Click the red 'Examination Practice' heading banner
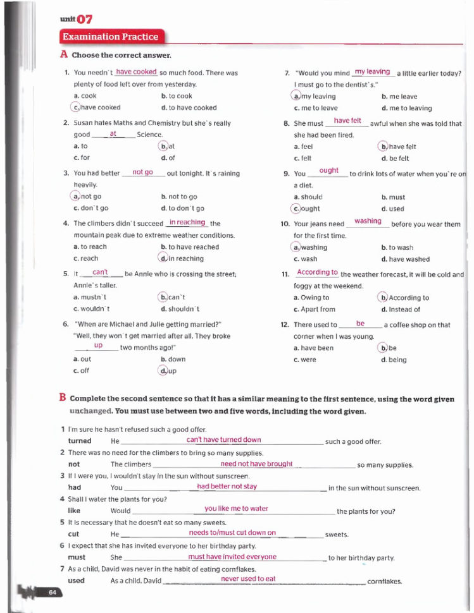[x=110, y=37]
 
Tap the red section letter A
[x=63, y=55]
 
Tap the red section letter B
[x=63, y=398]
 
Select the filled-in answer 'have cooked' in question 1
[x=136, y=72]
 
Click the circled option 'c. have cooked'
[x=96, y=107]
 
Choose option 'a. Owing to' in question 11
[x=311, y=298]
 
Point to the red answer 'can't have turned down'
[x=223, y=439]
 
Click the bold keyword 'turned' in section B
[x=80, y=441]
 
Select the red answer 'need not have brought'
[x=256, y=463]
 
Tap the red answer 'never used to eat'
[x=248, y=578]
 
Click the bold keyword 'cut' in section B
[x=73, y=534]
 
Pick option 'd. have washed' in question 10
[x=405, y=259]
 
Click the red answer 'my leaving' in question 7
[x=372, y=72]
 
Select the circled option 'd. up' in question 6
[x=167, y=371]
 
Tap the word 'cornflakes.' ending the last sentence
[x=385, y=581]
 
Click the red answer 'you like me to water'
[x=236, y=508]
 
